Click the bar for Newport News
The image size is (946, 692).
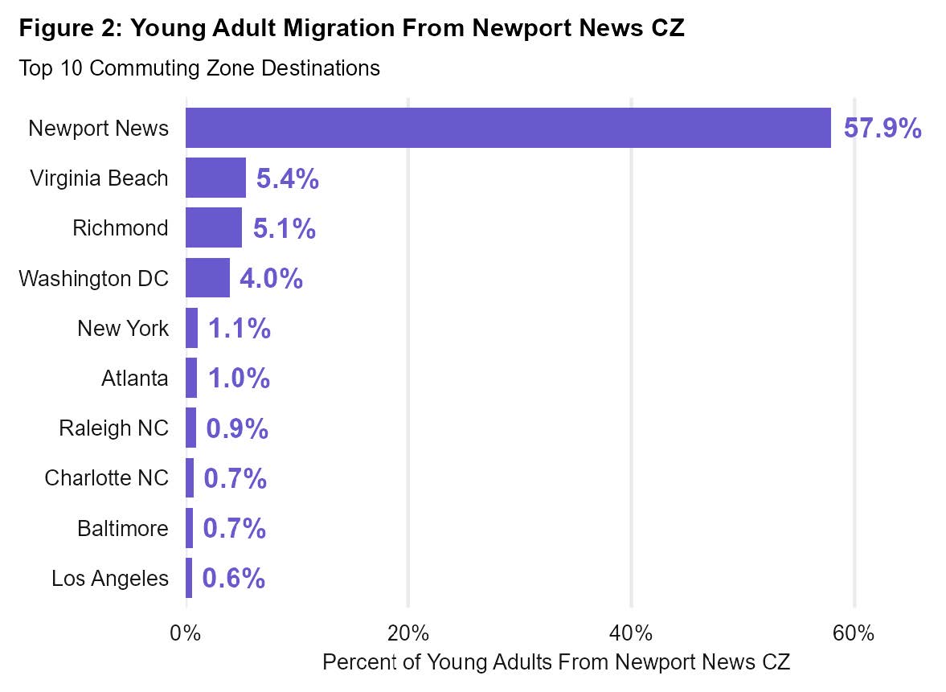[x=508, y=128]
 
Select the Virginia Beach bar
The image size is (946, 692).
[x=215, y=178]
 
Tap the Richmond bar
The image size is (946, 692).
[x=214, y=227]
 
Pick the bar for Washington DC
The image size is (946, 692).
[x=207, y=278]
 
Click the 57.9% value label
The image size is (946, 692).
[x=883, y=129]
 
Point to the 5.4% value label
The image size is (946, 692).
[x=288, y=179]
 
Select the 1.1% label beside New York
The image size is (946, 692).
[x=239, y=329]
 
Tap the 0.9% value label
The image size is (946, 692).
[x=237, y=428]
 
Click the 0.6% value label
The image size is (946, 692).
[x=233, y=579]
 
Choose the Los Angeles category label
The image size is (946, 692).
[x=110, y=579]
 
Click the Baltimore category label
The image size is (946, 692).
[x=123, y=529]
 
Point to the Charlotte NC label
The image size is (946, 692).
[x=107, y=478]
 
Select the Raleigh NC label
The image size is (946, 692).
[x=114, y=428]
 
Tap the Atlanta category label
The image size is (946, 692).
[x=135, y=379]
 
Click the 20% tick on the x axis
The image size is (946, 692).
[x=408, y=633]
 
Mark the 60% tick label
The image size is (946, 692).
[x=854, y=633]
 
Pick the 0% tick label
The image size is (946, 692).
[x=186, y=633]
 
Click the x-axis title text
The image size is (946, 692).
[x=556, y=663]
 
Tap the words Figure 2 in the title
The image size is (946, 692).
[x=69, y=29]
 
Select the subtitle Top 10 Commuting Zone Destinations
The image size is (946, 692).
[x=199, y=68]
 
